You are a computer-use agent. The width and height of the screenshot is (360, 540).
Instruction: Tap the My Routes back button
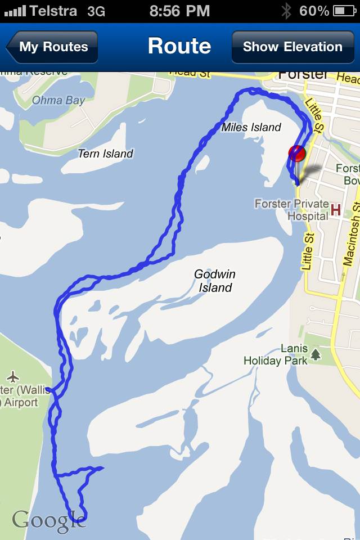52,47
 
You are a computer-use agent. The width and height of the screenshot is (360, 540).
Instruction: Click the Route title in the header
179,46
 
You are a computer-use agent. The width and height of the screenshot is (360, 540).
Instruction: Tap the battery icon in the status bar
344,11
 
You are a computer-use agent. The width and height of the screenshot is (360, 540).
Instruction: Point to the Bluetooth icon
286,11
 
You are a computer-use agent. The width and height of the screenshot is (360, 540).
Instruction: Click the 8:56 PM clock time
180,11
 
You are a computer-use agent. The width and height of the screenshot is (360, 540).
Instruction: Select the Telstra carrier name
54,11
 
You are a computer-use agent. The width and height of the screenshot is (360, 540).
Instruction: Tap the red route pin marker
296,154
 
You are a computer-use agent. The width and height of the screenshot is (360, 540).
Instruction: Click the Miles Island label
251,127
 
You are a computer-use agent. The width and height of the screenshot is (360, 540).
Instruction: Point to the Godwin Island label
214,281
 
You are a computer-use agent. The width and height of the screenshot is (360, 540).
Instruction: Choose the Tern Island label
105,154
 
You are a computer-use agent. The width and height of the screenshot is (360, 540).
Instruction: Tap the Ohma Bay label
58,101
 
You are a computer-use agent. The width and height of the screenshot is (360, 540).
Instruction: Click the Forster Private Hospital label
291,210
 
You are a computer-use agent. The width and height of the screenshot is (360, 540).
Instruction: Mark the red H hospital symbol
336,210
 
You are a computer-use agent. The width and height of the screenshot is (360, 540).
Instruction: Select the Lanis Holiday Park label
276,355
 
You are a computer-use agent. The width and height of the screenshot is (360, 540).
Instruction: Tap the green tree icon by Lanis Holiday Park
316,354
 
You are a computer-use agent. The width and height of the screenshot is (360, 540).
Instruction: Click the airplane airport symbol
13,376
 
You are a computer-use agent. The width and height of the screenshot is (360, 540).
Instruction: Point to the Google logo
49,520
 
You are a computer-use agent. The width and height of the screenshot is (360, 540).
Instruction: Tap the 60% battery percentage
314,11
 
